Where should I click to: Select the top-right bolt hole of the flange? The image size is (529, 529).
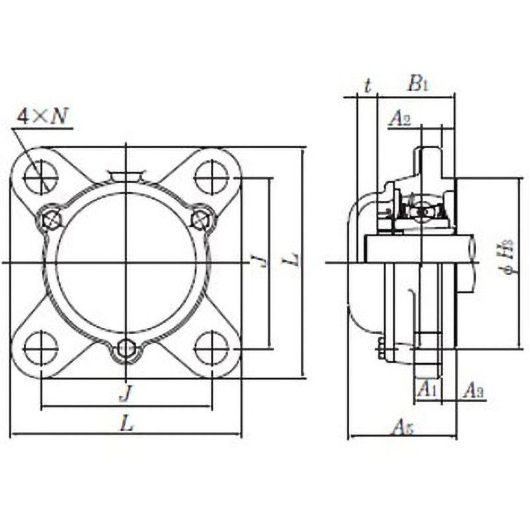tap(212, 177)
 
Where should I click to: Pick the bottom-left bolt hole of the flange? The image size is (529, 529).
tap(41, 348)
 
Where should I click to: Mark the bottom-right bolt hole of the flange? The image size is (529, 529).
tap(212, 348)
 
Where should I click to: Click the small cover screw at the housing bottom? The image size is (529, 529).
tap(126, 350)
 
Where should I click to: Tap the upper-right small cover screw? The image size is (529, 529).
tap(201, 219)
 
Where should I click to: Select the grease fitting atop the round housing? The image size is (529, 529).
tap(126, 175)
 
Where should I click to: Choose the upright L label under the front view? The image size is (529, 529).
tap(127, 425)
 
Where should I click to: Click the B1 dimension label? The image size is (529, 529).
tap(417, 84)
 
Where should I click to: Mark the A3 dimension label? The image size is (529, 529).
tap(472, 390)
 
